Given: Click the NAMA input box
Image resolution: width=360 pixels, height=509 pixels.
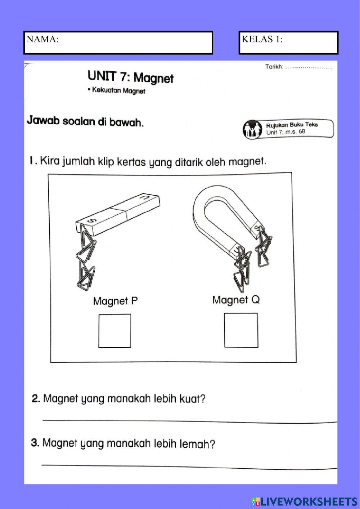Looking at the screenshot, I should coord(118,43).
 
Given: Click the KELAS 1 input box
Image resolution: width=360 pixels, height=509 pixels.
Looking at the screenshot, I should coord(288,43).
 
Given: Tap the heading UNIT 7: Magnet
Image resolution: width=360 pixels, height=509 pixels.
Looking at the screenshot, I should coord(130,77).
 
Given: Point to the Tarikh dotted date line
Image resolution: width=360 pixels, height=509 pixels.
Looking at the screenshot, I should coord(309,67).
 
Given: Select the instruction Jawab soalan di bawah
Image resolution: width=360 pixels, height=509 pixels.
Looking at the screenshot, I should coord(85,122).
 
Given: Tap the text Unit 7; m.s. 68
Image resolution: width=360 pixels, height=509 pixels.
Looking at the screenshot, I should coord(285,132).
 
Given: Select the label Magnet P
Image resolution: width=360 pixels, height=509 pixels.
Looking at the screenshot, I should coord(115,301).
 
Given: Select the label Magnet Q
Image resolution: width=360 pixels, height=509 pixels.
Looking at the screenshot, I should coord(236,299).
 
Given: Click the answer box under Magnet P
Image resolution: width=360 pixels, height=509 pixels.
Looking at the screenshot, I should coord(115,331).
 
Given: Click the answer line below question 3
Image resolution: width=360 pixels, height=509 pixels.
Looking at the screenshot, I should coord(190,466).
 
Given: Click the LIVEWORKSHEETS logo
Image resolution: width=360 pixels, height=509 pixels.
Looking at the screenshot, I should coord(304,501).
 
